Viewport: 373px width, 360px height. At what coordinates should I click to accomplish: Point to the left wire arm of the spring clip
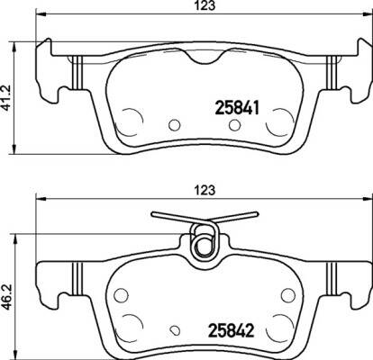(172, 217)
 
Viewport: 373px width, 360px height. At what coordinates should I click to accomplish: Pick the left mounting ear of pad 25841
(47, 68)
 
